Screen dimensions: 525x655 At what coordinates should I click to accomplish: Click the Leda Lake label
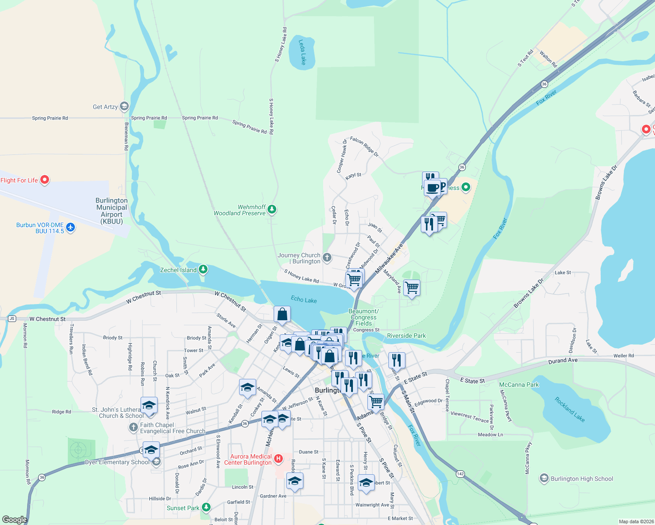click(302, 52)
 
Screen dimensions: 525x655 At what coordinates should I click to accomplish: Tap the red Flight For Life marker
click(45, 180)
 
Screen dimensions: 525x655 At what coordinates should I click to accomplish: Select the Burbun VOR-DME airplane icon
click(70, 227)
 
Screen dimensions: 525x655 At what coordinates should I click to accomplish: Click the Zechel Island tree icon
click(203, 269)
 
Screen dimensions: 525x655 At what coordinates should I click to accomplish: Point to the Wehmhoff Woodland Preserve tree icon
click(272, 210)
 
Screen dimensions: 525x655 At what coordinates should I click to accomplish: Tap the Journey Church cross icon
click(327, 258)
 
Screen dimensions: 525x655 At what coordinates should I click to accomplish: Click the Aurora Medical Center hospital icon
click(278, 459)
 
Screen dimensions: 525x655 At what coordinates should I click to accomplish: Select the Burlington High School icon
click(544, 479)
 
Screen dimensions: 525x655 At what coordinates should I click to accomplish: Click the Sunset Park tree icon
click(206, 507)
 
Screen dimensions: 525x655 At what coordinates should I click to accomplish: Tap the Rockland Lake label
click(570, 409)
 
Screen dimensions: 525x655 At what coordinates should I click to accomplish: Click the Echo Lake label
click(304, 300)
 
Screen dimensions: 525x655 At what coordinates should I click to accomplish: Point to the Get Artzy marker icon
click(124, 106)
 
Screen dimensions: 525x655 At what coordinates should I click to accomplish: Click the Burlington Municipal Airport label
click(112, 211)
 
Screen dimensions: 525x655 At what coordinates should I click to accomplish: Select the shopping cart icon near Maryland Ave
click(412, 288)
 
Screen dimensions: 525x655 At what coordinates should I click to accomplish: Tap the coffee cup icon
click(433, 188)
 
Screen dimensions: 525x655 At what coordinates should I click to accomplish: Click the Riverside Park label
click(406, 336)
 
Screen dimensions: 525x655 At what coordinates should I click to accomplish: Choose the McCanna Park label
click(519, 385)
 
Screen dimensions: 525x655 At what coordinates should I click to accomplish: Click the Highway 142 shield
click(460, 474)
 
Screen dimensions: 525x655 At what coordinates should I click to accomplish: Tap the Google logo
click(14, 520)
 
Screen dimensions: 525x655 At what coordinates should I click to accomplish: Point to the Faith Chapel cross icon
click(134, 427)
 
